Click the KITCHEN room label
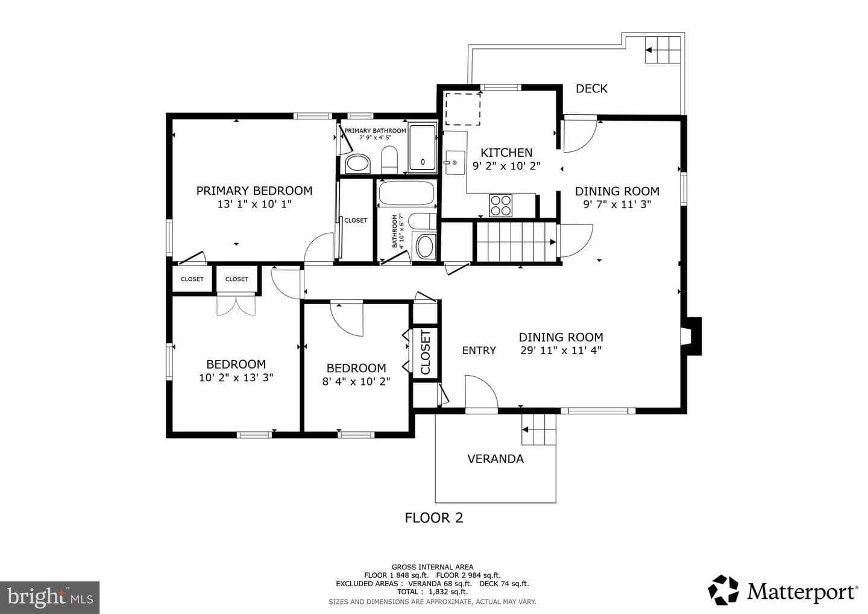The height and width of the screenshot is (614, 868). click(x=506, y=153)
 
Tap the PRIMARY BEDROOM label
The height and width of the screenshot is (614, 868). click(x=254, y=191)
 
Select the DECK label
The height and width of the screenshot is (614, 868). click(x=591, y=89)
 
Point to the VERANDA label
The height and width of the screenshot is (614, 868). click(x=495, y=459)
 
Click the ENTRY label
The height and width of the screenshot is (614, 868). click(x=479, y=350)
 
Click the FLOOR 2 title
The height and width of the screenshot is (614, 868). click(x=433, y=518)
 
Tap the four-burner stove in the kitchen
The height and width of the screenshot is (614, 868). click(x=501, y=206)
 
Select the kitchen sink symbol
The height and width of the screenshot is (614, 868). click(x=454, y=163)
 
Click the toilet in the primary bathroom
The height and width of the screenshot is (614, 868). click(x=389, y=160)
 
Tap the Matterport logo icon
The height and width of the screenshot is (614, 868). click(x=723, y=590)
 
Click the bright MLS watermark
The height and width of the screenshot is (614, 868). click(x=49, y=597)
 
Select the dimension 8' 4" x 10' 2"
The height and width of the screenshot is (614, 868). click(x=356, y=382)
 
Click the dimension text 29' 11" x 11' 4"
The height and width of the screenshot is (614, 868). click(x=561, y=350)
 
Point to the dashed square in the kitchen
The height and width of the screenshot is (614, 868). click(x=463, y=109)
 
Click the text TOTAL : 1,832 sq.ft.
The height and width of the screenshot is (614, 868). click(x=432, y=592)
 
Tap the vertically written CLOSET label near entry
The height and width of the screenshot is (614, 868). click(x=425, y=352)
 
